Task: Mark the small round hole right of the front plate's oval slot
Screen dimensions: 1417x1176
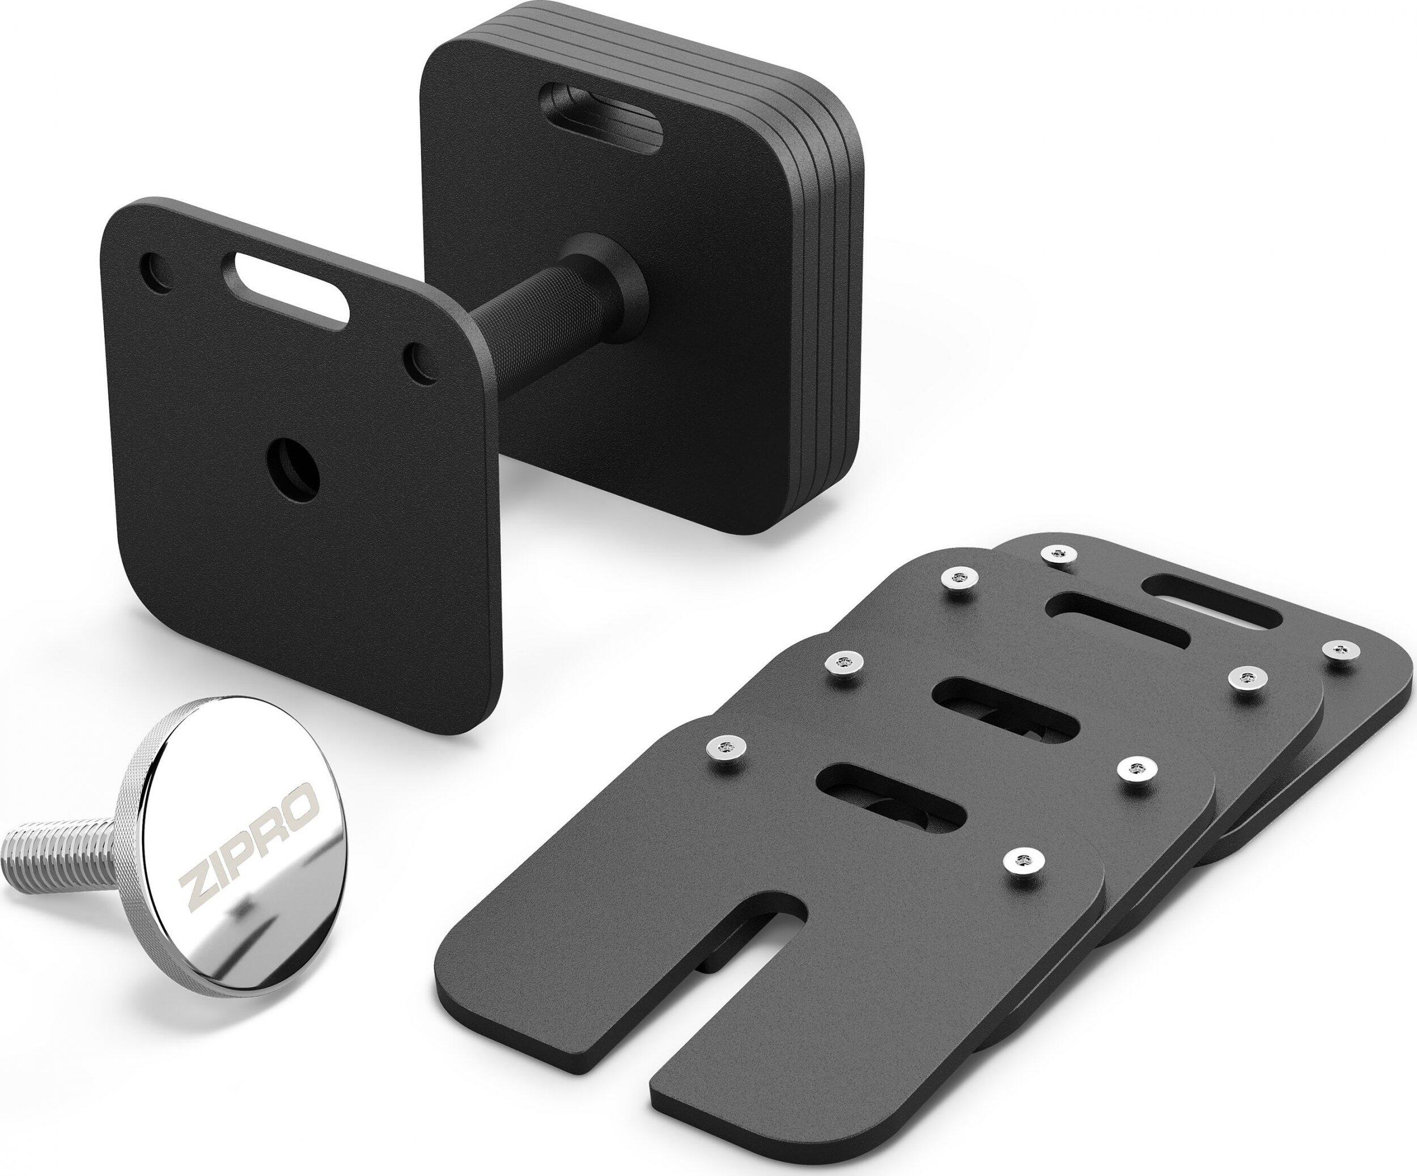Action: coord(418,361)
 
